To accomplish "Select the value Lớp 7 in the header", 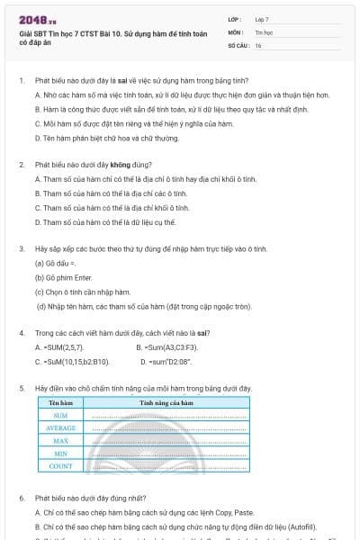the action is [262, 19].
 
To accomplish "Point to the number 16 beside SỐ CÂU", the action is [258, 44].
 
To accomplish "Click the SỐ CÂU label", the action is [237, 44].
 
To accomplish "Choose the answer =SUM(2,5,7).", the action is [59, 346].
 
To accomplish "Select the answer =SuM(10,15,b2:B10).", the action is [72, 361].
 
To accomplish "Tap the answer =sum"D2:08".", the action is [168, 361].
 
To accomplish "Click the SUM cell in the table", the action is [61, 416].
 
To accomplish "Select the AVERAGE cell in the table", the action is [61, 428].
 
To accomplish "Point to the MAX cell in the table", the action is [61, 441].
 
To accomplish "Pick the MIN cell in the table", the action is [61, 454].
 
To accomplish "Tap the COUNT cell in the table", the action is [61, 466].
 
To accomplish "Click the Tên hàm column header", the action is [61, 403].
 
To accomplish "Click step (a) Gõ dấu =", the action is [56, 264].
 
